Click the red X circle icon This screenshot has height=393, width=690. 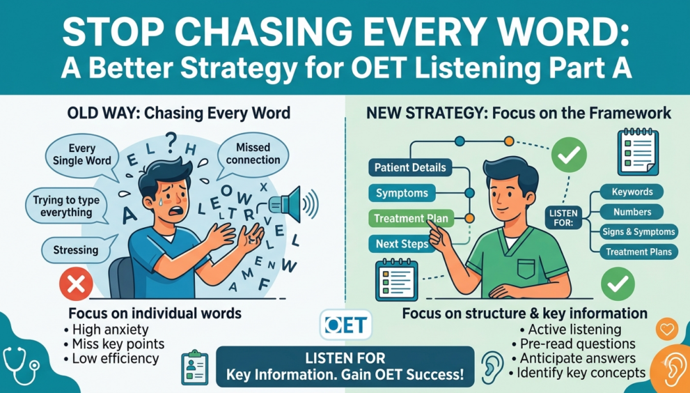tap(76, 284)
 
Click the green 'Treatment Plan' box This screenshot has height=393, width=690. tap(411, 218)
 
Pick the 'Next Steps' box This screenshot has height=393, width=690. tap(402, 244)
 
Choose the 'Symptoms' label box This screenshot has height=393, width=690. tap(402, 193)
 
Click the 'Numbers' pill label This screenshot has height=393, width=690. tap(632, 212)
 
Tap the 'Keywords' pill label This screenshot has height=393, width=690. tap(632, 192)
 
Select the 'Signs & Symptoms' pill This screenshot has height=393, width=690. tap(639, 232)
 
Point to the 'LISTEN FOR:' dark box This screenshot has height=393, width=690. tap(563, 217)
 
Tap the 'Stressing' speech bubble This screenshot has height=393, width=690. tap(76, 250)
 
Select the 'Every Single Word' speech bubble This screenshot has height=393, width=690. tap(82, 155)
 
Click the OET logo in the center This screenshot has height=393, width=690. tap(345, 325)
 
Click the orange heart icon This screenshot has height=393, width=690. tap(667, 329)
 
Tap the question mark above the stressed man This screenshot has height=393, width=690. tap(171, 142)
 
